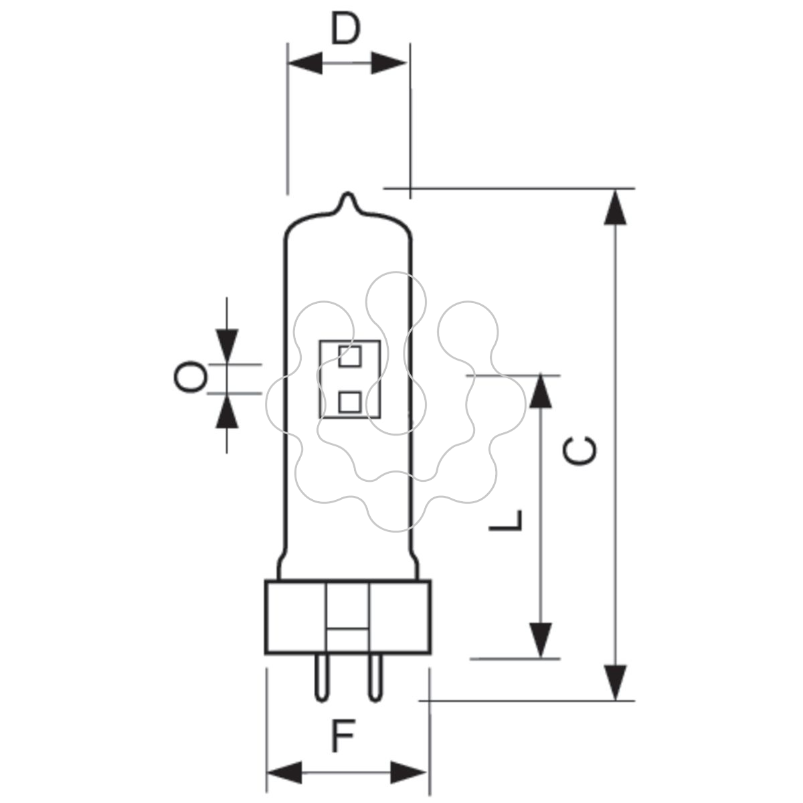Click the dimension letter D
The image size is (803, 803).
(345, 29)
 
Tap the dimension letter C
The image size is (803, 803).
(579, 451)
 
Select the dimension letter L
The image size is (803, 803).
(505, 521)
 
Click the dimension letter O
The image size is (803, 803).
(191, 377)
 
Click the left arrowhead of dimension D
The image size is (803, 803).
(305, 64)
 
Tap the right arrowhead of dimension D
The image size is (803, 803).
(388, 64)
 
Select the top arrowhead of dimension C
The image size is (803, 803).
(615, 207)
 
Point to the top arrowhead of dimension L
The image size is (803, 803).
(541, 390)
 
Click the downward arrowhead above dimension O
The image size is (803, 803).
(227, 346)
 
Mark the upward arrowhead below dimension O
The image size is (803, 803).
(227, 411)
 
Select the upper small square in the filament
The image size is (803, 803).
(349, 357)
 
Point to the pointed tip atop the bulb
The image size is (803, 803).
(347, 193)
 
